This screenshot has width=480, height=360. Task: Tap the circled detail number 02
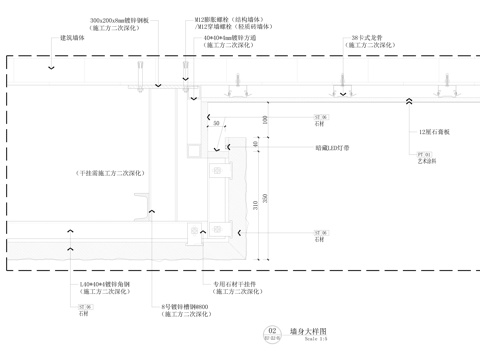coord(270,330)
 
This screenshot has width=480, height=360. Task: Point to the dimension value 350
coord(264,196)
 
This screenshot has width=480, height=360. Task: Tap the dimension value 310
coord(256,205)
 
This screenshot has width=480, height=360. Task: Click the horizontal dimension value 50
coord(216,123)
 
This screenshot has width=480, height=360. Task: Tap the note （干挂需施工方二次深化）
coord(111,173)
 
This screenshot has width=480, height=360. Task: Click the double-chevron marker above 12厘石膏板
coord(410,100)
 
